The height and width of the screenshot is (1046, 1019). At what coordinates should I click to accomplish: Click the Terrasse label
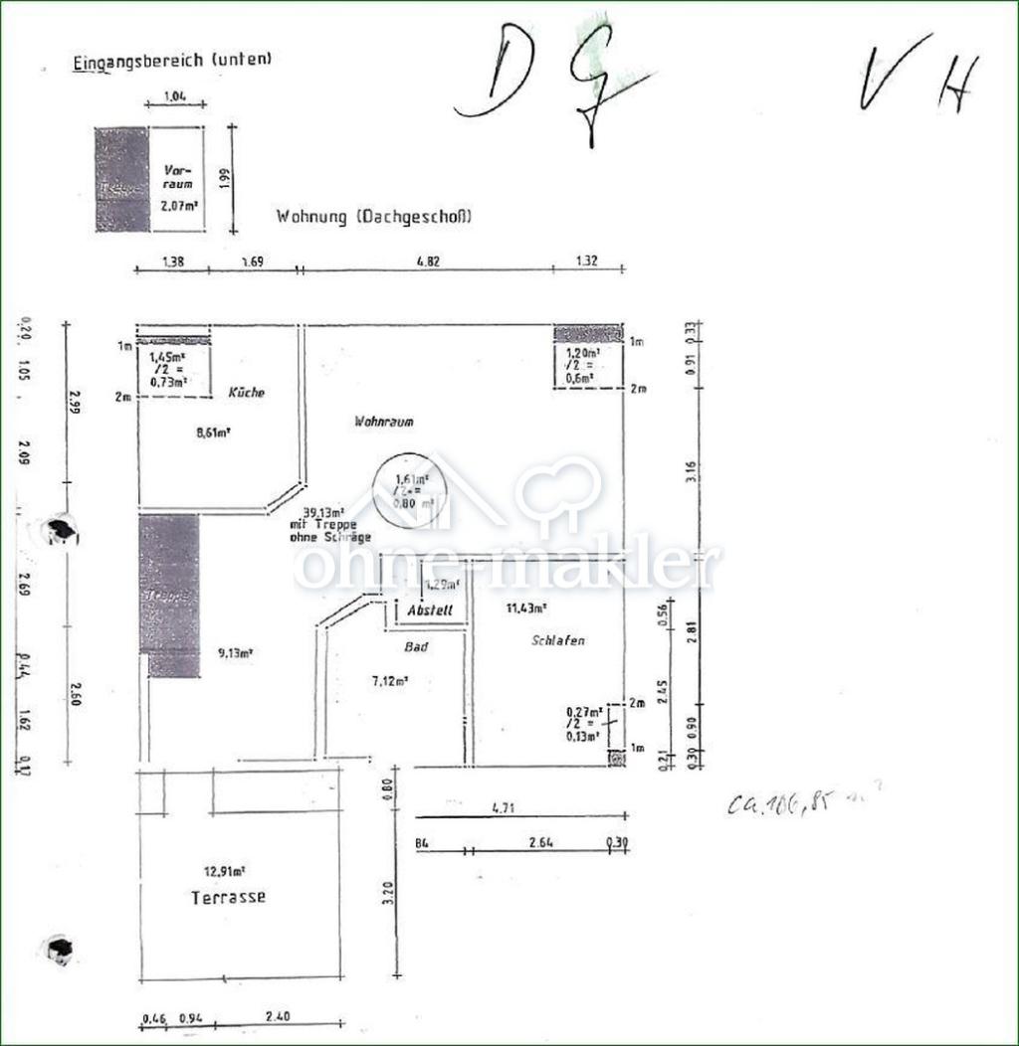tap(228, 897)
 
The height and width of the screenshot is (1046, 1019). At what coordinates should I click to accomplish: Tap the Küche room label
tap(246, 393)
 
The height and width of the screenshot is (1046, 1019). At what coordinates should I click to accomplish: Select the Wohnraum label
tap(384, 422)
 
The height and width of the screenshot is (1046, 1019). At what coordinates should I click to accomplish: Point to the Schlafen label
tap(558, 641)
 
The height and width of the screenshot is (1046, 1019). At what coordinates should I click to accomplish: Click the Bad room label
tap(416, 647)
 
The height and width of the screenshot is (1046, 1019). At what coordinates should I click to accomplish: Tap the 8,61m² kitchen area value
tap(212, 433)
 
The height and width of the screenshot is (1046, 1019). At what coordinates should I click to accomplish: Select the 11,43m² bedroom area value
tap(526, 609)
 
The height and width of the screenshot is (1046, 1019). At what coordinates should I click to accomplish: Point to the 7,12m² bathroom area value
tap(389, 681)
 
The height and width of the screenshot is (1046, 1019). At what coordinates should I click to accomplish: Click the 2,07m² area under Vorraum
tap(178, 206)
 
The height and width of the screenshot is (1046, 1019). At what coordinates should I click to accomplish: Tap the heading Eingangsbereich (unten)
tap(172, 61)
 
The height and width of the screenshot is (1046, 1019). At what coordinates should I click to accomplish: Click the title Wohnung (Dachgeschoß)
tap(373, 217)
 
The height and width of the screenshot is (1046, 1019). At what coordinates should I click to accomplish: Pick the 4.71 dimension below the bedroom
tap(504, 810)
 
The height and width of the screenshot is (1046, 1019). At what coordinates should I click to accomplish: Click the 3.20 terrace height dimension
tap(388, 893)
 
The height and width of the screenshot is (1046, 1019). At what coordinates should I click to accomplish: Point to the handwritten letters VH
tap(917, 76)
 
